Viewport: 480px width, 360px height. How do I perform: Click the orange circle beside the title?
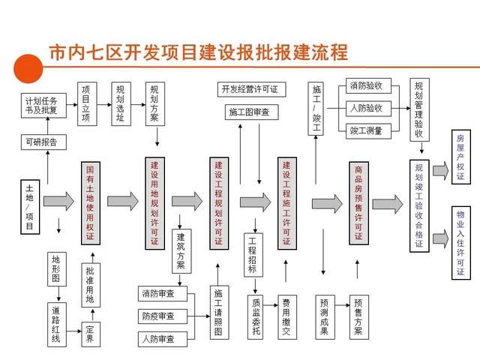tap(28, 68)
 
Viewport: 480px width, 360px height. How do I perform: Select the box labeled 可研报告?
tap(43, 142)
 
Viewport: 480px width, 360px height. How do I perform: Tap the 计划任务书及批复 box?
tap(43, 106)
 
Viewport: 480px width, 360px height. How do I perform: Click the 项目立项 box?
tap(87, 103)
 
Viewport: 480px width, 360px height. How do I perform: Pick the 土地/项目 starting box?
tap(30, 207)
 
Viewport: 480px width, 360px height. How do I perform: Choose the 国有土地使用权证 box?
tap(91, 203)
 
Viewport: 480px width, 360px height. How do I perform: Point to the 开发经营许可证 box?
tap(252, 89)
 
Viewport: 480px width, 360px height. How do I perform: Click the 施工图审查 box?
tap(252, 112)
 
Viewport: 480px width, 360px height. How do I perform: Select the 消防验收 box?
tap(368, 85)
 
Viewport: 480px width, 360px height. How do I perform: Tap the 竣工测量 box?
tap(368, 131)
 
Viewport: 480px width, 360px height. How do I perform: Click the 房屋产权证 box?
tap(461, 157)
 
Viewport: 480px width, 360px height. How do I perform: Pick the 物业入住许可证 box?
tap(461, 243)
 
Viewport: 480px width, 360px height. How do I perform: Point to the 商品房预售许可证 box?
tap(358, 203)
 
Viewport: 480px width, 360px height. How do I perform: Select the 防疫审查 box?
tap(163, 316)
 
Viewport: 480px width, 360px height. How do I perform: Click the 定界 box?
tap(91, 334)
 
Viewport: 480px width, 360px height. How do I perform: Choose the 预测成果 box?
tap(325, 317)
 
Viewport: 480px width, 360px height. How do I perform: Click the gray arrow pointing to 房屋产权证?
tap(440, 170)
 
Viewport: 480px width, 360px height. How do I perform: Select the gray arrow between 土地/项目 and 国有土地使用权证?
tap(58, 202)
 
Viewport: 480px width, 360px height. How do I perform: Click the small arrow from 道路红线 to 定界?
tap(73, 331)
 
